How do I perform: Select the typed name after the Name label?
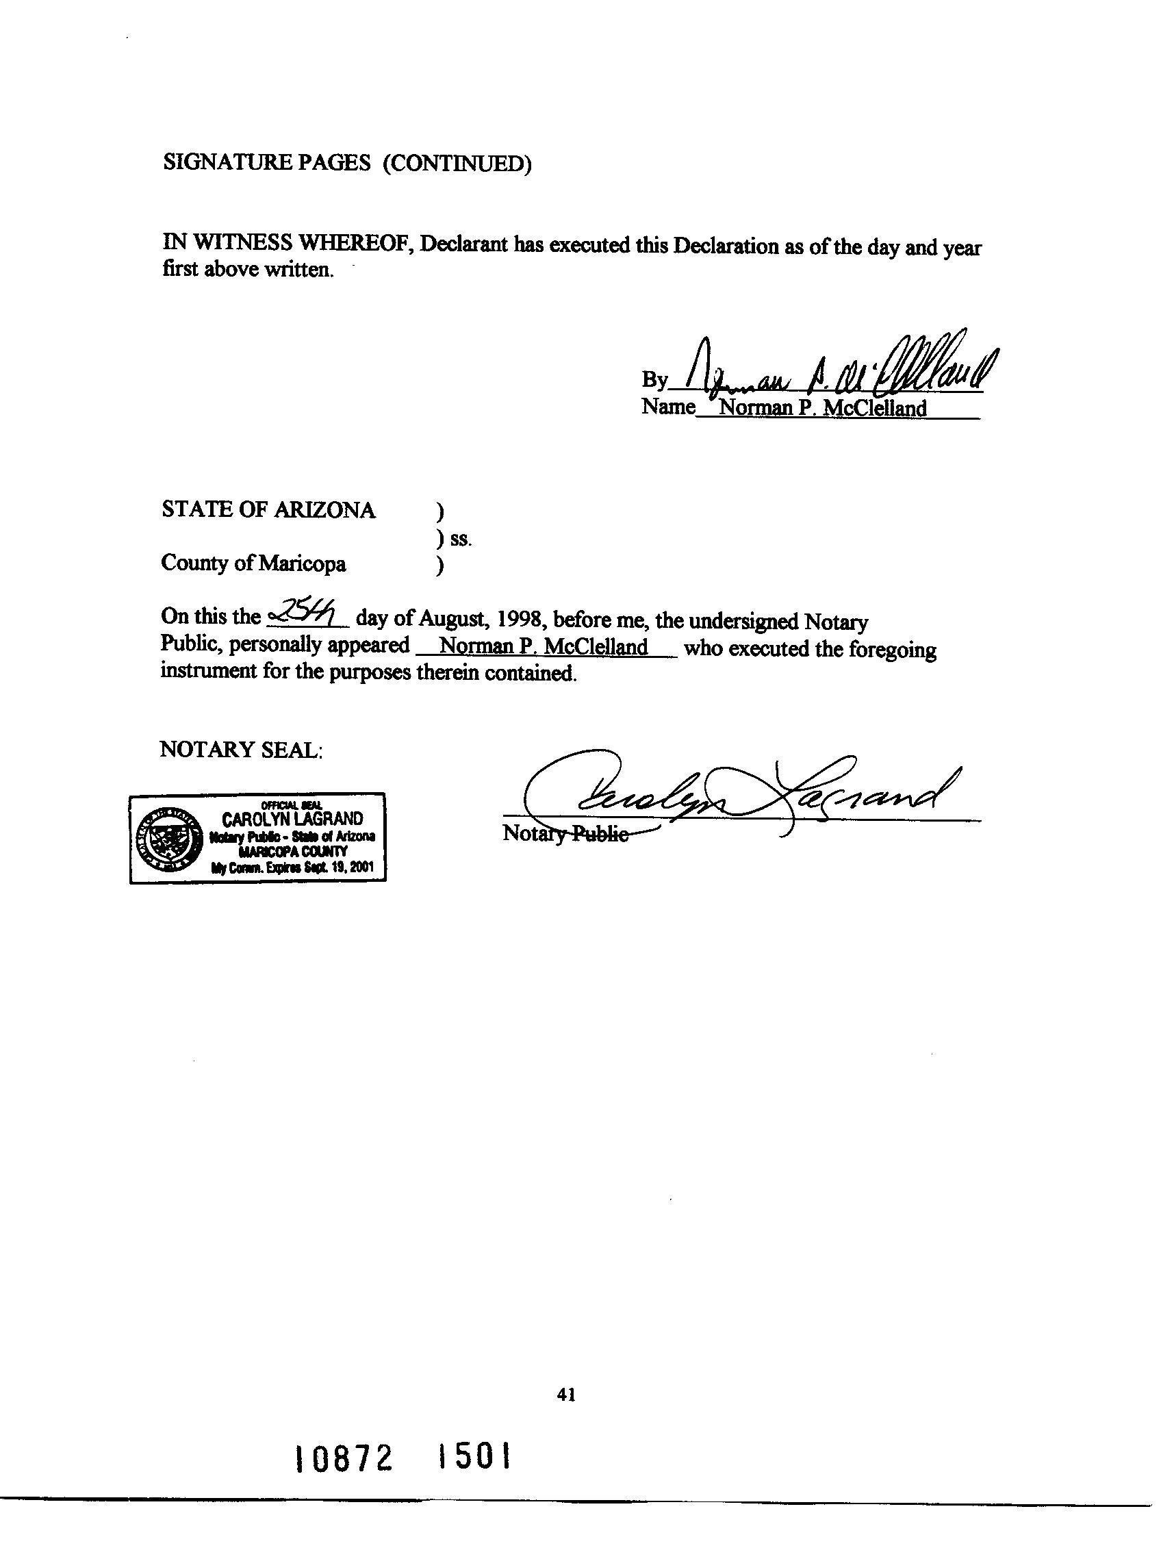[822, 408]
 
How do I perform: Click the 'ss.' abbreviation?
[461, 539]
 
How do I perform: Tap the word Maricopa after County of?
[302, 563]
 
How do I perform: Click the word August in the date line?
[446, 620]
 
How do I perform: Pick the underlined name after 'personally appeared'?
[543, 646]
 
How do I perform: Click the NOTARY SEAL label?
[241, 750]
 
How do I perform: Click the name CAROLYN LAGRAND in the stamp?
[292, 818]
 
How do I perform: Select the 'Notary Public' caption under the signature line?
[565, 833]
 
